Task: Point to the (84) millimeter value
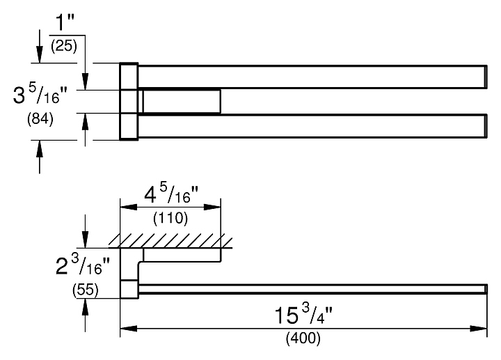point(40,118)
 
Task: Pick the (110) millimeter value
point(170,218)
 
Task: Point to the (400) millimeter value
point(304,341)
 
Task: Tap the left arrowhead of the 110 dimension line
point(127,206)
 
